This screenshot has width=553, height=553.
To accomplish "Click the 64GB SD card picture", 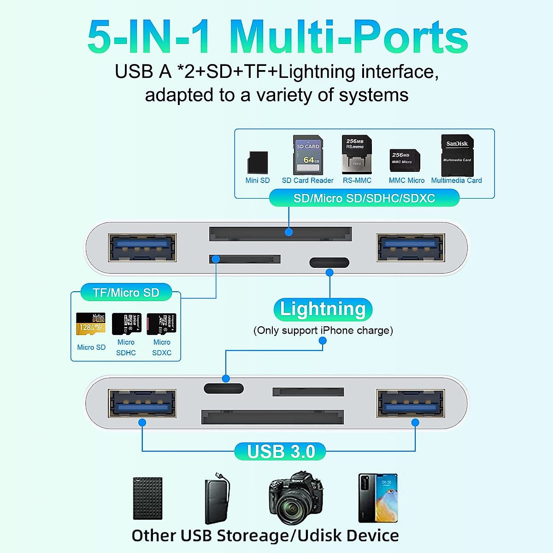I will tap(308, 155).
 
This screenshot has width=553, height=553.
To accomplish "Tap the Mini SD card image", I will tap(258, 163).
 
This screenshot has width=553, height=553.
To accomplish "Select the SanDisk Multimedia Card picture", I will tap(457, 155).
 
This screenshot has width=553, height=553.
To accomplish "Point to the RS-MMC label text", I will tap(357, 181).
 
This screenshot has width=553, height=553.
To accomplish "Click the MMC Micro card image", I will tap(405, 160).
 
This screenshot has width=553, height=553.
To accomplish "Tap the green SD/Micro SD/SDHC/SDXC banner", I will tap(364, 199).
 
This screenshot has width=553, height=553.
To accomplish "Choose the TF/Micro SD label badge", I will tap(126, 293).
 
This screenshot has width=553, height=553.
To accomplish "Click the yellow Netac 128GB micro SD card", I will tap(91, 324).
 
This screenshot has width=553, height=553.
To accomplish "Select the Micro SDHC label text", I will tap(126, 347).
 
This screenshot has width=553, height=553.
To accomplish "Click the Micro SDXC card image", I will tap(161, 324).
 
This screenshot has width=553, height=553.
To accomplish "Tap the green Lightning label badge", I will tap(323, 309).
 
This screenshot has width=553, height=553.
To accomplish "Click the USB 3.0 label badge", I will tap(281, 452).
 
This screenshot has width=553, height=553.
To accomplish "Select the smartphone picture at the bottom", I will tap(378, 498).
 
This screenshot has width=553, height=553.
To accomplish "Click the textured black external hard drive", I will tap(147, 499).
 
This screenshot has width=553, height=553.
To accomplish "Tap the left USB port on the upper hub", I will tap(142, 247).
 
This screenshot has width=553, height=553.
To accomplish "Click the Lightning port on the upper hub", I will tap(329, 263).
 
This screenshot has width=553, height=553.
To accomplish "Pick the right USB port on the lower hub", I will tap(410, 404).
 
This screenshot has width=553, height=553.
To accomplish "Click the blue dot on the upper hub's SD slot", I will tap(289, 232).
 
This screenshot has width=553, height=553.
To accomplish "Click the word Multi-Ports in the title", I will tap(348, 37).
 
